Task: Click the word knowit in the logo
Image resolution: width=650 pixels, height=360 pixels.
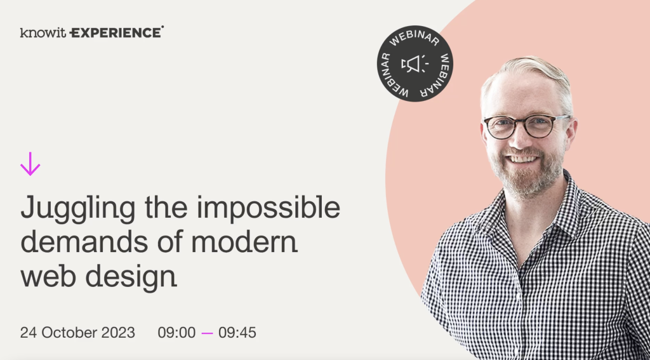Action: point(43,33)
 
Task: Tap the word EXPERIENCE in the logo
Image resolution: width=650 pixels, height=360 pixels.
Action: point(117,32)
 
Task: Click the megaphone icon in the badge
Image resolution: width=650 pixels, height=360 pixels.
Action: point(415,64)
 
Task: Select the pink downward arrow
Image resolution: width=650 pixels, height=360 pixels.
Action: point(30,164)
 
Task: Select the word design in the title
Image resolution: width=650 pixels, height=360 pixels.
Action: point(131,276)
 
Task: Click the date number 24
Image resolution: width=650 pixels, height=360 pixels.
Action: point(28,333)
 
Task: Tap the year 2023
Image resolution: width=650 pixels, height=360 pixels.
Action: point(119,333)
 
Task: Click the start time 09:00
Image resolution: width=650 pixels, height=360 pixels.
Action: point(176,333)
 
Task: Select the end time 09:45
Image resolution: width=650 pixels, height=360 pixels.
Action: point(237,333)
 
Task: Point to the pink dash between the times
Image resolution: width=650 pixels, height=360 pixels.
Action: point(208,333)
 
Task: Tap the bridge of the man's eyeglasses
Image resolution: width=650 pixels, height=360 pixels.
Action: point(519,123)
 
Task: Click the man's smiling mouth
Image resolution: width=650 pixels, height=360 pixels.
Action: point(522,159)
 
